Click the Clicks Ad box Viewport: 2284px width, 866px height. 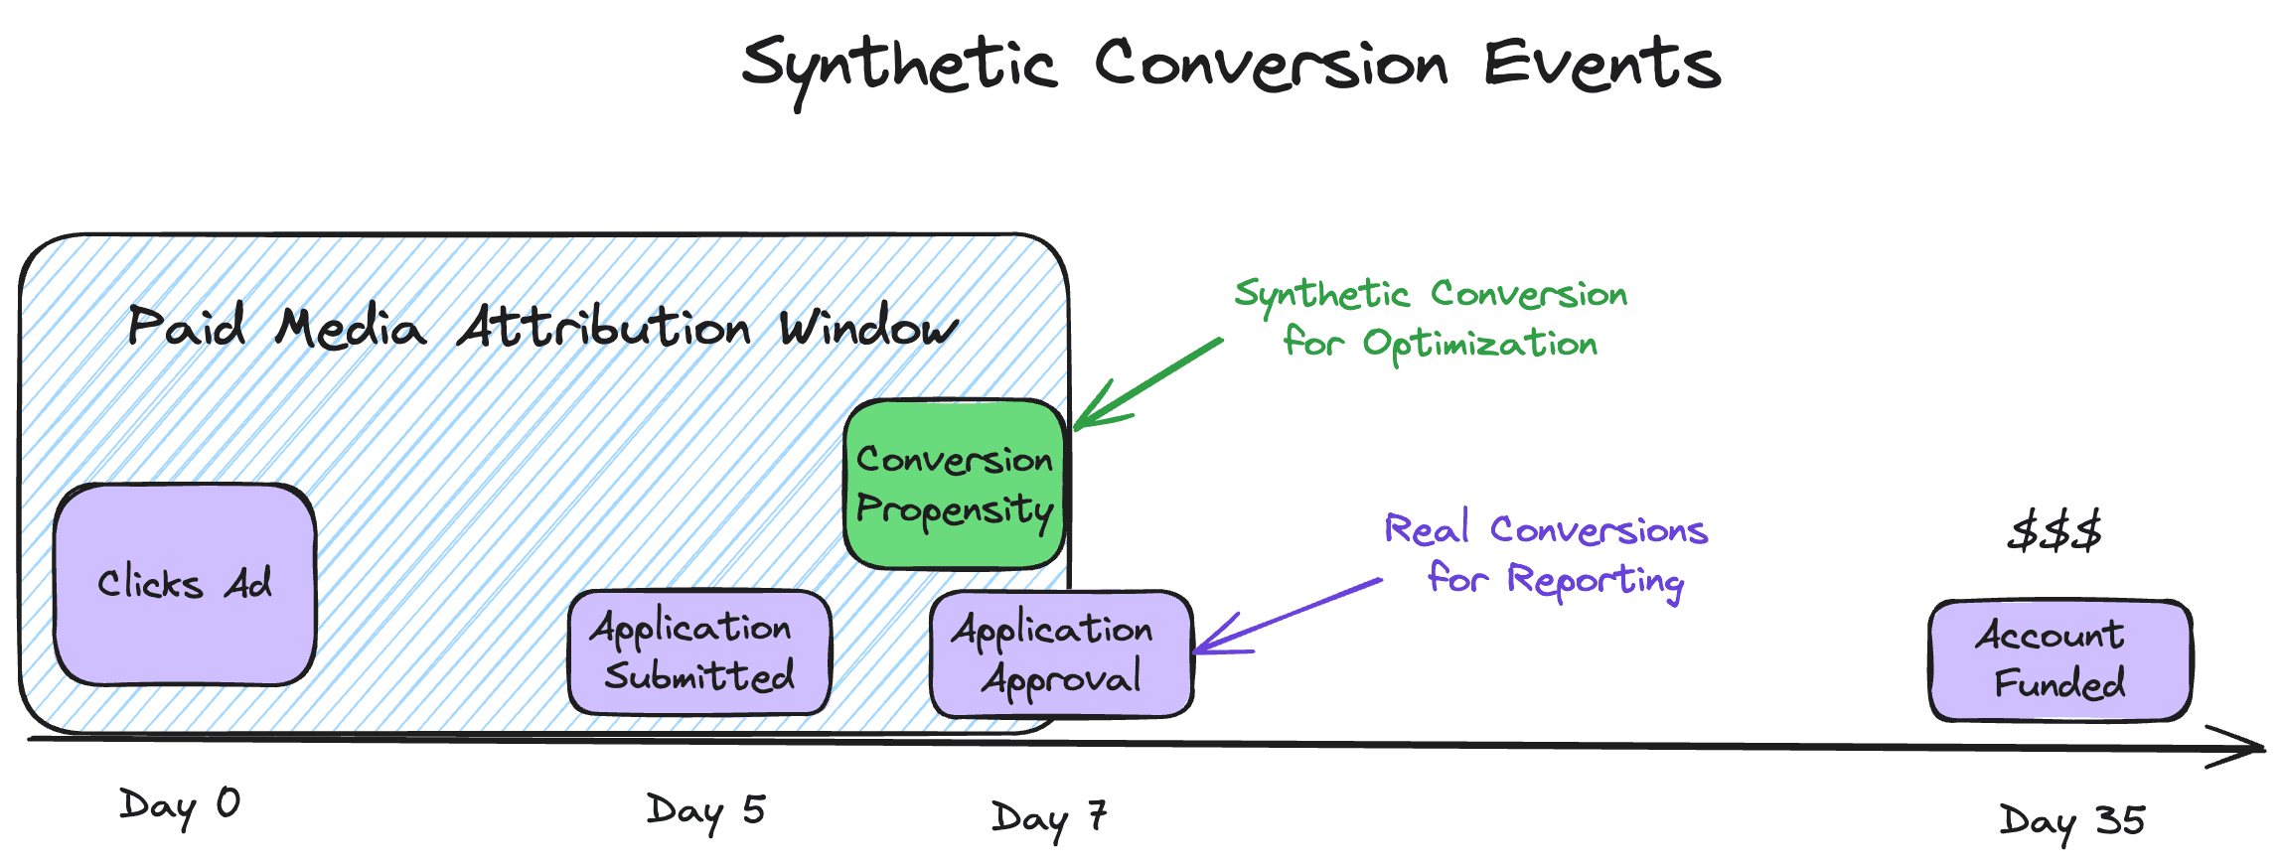pos(185,584)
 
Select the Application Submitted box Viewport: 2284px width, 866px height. pos(698,652)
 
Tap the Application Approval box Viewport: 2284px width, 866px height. pos(1061,653)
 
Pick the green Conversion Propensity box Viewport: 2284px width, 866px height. pos(955,484)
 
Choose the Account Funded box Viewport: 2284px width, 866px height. pos(2059,659)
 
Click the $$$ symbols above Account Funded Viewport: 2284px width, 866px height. pos(2054,531)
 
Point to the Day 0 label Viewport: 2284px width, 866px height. pos(179,805)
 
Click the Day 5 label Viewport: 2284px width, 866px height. pos(705,811)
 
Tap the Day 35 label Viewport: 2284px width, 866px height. pos(2071,822)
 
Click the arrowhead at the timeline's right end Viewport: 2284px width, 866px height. pos(2241,747)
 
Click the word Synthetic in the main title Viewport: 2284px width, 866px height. pos(899,66)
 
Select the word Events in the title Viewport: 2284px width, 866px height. pos(1600,64)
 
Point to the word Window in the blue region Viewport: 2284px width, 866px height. pos(868,328)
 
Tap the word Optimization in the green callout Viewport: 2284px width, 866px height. pos(1479,345)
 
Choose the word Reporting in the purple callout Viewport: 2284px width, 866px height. pos(1595,581)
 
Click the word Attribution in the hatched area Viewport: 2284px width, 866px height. pos(603,328)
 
